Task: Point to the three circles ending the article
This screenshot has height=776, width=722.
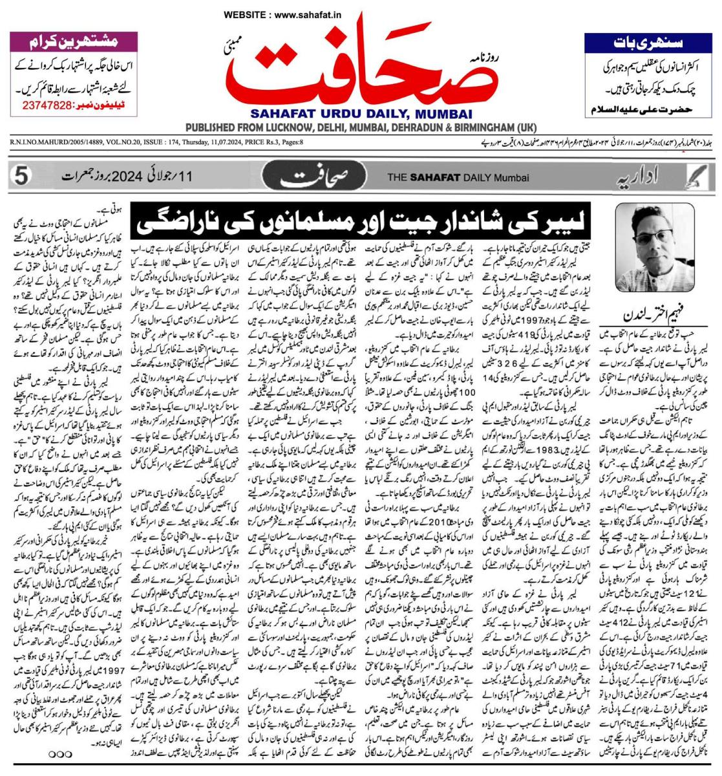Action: tap(59, 753)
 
